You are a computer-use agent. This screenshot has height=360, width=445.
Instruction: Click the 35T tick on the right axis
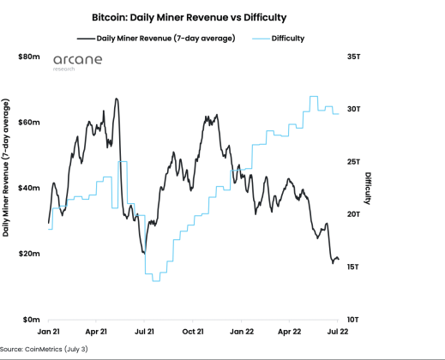click(353, 57)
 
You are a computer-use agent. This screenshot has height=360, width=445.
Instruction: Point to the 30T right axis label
click(353, 109)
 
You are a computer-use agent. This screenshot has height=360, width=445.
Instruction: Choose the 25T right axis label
click(353, 162)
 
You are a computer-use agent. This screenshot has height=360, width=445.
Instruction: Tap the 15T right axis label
click(353, 267)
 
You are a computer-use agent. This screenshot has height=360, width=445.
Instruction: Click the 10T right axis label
click(353, 320)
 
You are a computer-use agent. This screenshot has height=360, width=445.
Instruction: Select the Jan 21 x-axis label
click(48, 330)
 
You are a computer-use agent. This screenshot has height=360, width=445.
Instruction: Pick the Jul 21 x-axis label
click(145, 330)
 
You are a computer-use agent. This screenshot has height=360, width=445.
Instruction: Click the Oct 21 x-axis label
click(194, 330)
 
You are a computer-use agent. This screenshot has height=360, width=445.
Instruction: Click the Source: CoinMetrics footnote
click(44, 350)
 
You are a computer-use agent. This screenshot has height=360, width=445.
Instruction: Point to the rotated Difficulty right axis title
click(368, 189)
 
